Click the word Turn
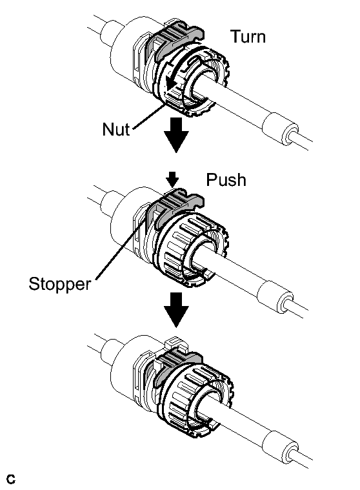point(248,37)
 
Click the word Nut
point(116,128)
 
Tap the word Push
point(226,179)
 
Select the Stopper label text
point(59,284)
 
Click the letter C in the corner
point(10,479)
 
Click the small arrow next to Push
point(172,179)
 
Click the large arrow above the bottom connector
point(176,310)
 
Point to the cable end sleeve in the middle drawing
point(275,296)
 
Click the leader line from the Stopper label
point(121,249)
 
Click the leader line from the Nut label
point(148,117)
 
